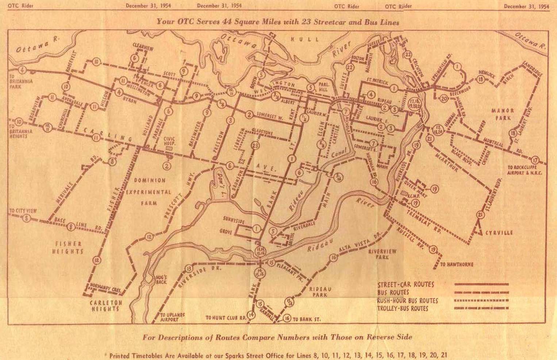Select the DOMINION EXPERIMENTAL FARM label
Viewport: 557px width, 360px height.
pyautogui.click(x=150, y=191)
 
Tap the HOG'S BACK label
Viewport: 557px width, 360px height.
pyautogui.click(x=161, y=279)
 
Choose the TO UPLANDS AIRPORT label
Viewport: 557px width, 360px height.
pyautogui.click(x=169, y=317)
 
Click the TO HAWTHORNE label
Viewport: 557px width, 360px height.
pyautogui.click(x=456, y=264)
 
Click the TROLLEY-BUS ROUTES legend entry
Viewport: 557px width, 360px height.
pyautogui.click(x=403, y=309)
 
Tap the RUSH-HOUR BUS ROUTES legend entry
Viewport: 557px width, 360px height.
pyautogui.click(x=407, y=301)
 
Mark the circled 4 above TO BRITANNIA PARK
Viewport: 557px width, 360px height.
pyautogui.click(x=23, y=70)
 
